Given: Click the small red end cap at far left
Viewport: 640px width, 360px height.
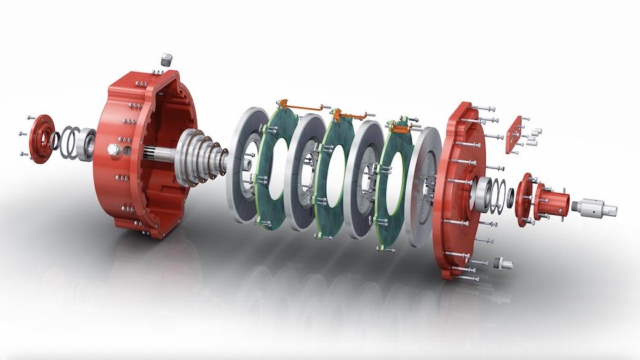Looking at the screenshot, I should point(42,138).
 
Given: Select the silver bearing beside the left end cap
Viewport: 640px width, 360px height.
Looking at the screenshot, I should point(86,145).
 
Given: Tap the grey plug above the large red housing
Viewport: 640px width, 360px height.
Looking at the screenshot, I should point(166,60).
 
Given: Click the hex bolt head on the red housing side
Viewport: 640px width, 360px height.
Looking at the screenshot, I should point(113,150).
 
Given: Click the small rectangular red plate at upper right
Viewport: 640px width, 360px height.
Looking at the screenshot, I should point(513,134).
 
